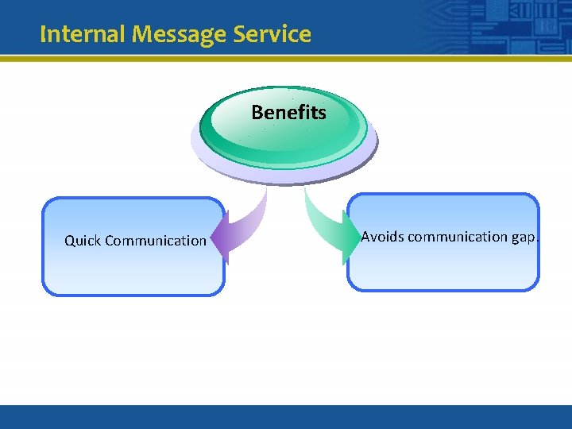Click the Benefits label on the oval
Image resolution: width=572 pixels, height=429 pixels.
(288, 113)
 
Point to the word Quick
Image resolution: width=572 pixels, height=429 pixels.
(83, 241)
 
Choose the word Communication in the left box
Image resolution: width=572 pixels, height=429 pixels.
(156, 241)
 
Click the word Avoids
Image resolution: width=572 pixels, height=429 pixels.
(382, 237)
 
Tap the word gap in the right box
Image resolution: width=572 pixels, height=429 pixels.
(524, 237)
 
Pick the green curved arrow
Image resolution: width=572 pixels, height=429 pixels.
(322, 222)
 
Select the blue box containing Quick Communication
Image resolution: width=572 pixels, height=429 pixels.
(133, 270)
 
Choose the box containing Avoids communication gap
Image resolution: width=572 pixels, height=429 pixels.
(443, 266)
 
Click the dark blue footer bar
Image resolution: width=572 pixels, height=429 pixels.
(286, 417)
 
